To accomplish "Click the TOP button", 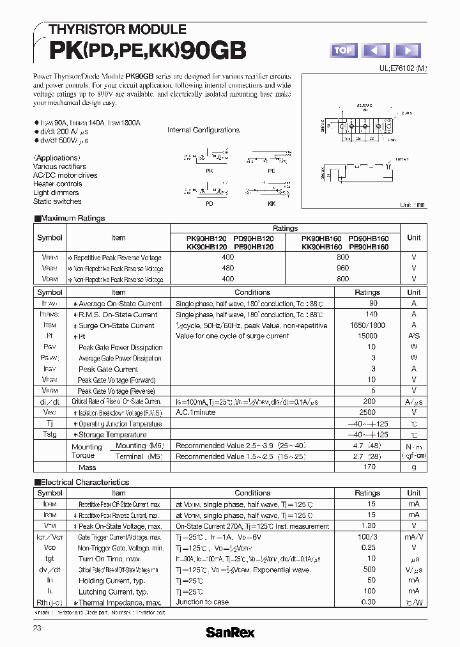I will [344, 51].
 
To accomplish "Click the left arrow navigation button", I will [375, 51].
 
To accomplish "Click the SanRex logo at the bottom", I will [230, 632].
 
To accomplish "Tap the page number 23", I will [38, 629].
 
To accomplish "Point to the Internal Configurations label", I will [203, 130].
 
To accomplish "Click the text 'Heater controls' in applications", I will [57, 184].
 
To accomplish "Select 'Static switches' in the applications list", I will [57, 201].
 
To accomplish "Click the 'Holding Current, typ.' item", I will [113, 581].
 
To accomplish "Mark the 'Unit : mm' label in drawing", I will [412, 205].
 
